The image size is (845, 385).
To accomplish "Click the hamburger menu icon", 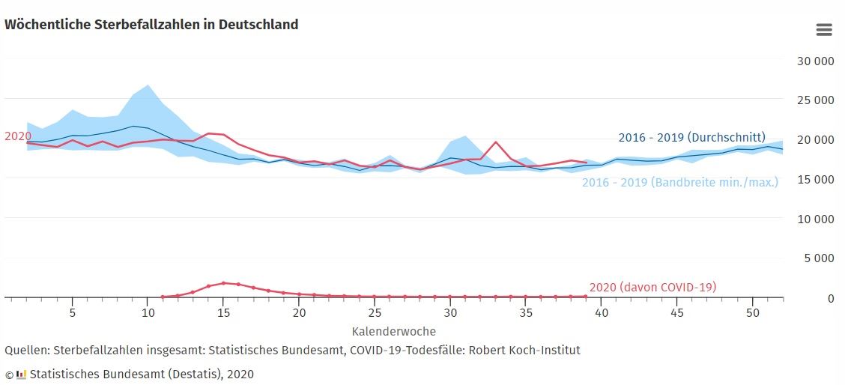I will pyautogui.click(x=824, y=30).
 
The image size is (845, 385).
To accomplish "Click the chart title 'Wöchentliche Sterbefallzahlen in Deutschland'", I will pyautogui.click(x=151, y=25).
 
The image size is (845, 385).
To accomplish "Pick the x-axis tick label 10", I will pyautogui.click(x=148, y=312).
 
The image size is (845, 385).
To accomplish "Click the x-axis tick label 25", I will pyautogui.click(x=375, y=312).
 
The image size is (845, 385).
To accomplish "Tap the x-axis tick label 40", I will pyautogui.click(x=602, y=312).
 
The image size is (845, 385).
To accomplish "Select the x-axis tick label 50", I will pyautogui.click(x=753, y=312).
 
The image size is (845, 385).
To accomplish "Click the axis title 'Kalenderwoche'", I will pyautogui.click(x=393, y=330).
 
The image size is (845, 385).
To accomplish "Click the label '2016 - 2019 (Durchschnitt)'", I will pyautogui.click(x=691, y=138).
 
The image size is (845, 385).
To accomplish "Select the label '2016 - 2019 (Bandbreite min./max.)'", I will pyautogui.click(x=679, y=182).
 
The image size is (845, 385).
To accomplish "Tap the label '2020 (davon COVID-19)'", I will pyautogui.click(x=652, y=287).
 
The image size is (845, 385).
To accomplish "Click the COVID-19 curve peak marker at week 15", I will pyautogui.click(x=223, y=283).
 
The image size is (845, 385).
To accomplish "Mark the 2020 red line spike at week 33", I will pyautogui.click(x=496, y=142).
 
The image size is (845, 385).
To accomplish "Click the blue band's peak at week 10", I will pyautogui.click(x=148, y=85).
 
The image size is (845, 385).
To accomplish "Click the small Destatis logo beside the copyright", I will pyautogui.click(x=21, y=374).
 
